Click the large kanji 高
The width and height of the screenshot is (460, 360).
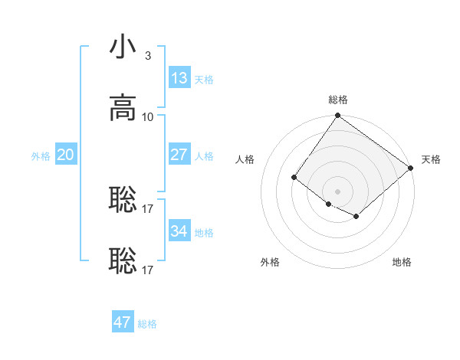pos(123,108)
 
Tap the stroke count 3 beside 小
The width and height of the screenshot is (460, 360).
pos(148,55)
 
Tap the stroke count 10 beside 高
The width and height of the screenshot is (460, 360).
pos(148,116)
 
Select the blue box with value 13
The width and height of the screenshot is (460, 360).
pos(179,77)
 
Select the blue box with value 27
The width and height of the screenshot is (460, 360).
pos(179,154)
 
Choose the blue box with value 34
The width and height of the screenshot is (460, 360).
pos(179,231)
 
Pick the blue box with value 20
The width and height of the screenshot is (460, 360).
pos(66,154)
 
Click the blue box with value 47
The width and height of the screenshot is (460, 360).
pos(123,322)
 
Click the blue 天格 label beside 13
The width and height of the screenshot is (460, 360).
pos(204,80)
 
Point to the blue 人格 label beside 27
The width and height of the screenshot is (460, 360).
pos(204,156)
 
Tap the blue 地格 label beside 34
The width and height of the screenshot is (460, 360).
pos(204,233)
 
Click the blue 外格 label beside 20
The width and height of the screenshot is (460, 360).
pos(41,156)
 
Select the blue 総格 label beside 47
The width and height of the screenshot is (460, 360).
pos(147,324)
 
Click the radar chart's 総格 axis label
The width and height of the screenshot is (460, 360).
pos(338,100)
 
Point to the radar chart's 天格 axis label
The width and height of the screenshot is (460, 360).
pos(431,159)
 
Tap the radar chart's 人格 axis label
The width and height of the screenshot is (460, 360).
pos(245,159)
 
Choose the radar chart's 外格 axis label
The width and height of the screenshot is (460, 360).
pos(270,262)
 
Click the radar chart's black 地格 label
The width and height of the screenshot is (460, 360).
pos(402,262)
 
